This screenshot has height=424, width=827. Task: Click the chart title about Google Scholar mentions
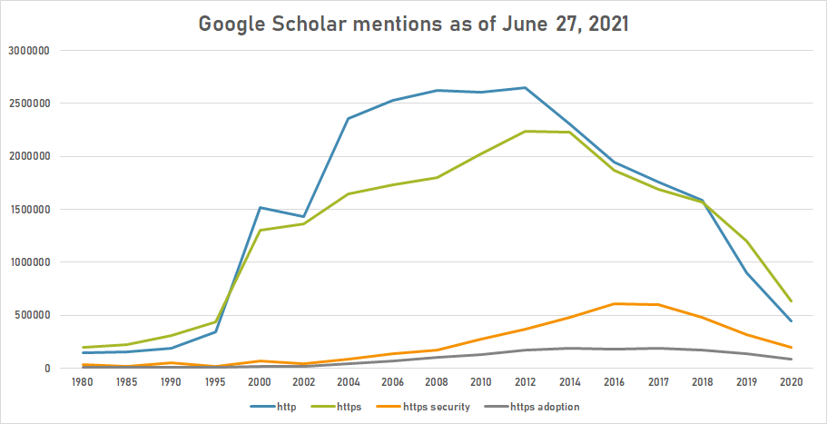coord(413,25)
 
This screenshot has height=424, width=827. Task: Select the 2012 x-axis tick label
coord(526,382)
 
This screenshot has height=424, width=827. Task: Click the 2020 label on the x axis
coord(791,382)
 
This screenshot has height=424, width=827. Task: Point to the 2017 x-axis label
coord(658,382)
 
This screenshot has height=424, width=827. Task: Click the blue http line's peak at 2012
coord(526,88)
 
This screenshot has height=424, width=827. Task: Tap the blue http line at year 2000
coord(261,208)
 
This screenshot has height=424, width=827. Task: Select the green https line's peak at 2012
coord(526,131)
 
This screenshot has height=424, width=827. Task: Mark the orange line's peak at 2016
coord(614,303)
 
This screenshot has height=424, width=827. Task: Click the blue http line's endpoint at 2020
coord(791,320)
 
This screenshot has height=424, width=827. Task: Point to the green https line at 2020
coord(791,301)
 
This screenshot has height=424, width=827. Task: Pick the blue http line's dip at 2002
coord(304,217)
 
